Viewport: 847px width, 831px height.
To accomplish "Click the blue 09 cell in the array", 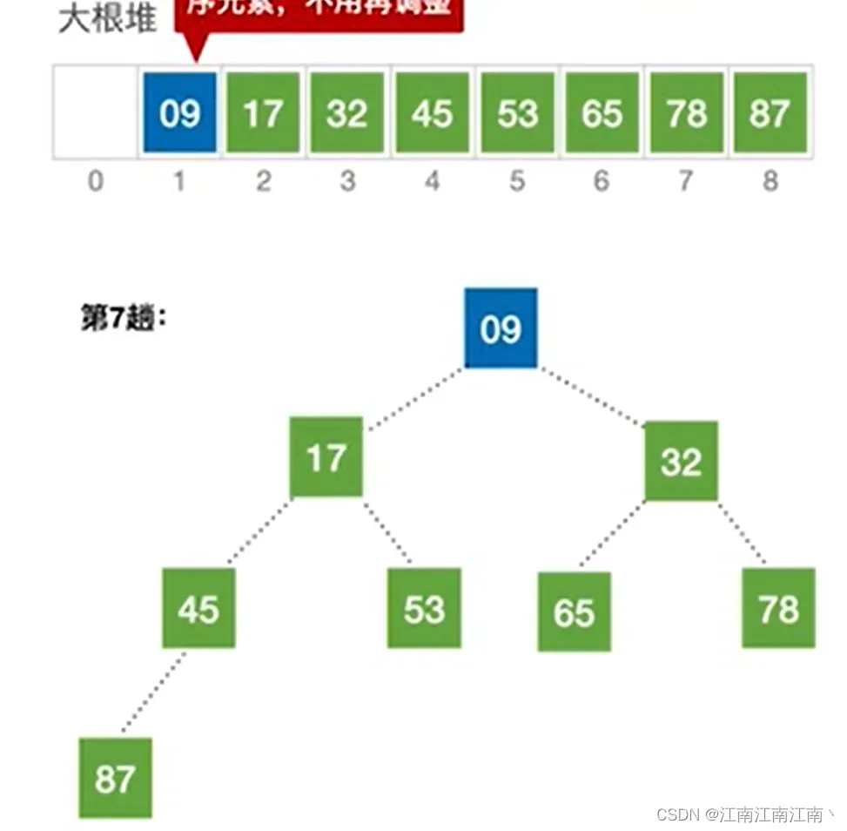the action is (x=179, y=113).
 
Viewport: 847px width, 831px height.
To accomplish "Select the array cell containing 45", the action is (x=433, y=113).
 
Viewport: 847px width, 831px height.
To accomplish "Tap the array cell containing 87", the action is (x=770, y=113).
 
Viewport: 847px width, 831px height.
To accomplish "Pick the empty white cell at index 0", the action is (x=95, y=113).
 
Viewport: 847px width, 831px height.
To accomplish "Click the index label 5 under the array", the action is (x=517, y=181).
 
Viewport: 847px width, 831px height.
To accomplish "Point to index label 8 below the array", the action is (x=770, y=181).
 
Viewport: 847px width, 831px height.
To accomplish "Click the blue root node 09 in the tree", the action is (x=501, y=328).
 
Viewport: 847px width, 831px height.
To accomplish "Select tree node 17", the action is (x=326, y=457).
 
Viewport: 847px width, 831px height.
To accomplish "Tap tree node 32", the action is (x=681, y=462).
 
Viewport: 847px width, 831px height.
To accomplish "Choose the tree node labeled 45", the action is (x=198, y=608).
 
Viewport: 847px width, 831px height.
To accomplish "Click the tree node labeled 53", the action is (x=424, y=608).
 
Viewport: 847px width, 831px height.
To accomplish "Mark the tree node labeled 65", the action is (x=574, y=611).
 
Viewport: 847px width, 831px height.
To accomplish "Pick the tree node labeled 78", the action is (x=778, y=608).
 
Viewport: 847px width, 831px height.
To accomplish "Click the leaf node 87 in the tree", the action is (x=115, y=778).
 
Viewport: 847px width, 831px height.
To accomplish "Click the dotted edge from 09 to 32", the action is (x=592, y=396).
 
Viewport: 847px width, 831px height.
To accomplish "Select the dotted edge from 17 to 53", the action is (x=387, y=531).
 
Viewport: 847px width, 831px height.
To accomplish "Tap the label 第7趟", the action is (x=123, y=319).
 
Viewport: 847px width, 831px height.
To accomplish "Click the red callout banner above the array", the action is (x=319, y=13).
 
